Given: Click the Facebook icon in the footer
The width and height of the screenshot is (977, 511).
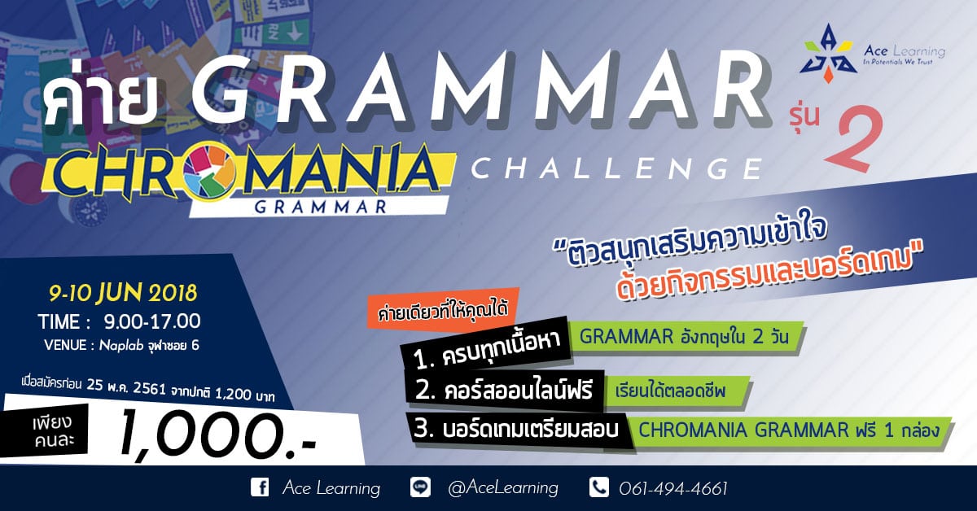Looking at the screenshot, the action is click(x=260, y=487).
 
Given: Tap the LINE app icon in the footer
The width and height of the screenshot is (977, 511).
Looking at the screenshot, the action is click(x=420, y=487).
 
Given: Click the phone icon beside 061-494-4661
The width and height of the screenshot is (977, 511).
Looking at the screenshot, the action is click(x=599, y=487).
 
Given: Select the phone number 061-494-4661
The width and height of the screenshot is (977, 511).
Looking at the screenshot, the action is click(x=673, y=488).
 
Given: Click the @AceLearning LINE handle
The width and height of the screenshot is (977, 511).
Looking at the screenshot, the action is click(x=503, y=488).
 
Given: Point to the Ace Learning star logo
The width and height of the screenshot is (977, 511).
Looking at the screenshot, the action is click(x=827, y=54).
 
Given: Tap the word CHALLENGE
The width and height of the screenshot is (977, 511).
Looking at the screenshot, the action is click(x=616, y=168).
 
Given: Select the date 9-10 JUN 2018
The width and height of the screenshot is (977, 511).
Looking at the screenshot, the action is click(x=123, y=293).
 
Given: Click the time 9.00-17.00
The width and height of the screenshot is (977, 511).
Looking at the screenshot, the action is click(x=151, y=321).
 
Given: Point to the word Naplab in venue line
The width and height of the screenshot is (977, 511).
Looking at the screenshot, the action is click(x=121, y=346).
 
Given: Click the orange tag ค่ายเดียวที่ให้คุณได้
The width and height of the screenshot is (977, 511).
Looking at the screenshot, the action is click(x=444, y=310).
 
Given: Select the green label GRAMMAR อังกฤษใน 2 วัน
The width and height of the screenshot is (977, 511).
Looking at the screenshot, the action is click(x=685, y=337).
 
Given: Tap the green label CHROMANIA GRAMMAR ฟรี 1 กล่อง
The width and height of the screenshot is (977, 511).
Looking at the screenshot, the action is click(x=789, y=430).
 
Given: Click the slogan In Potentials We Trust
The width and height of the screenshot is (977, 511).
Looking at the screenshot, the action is click(x=897, y=62).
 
